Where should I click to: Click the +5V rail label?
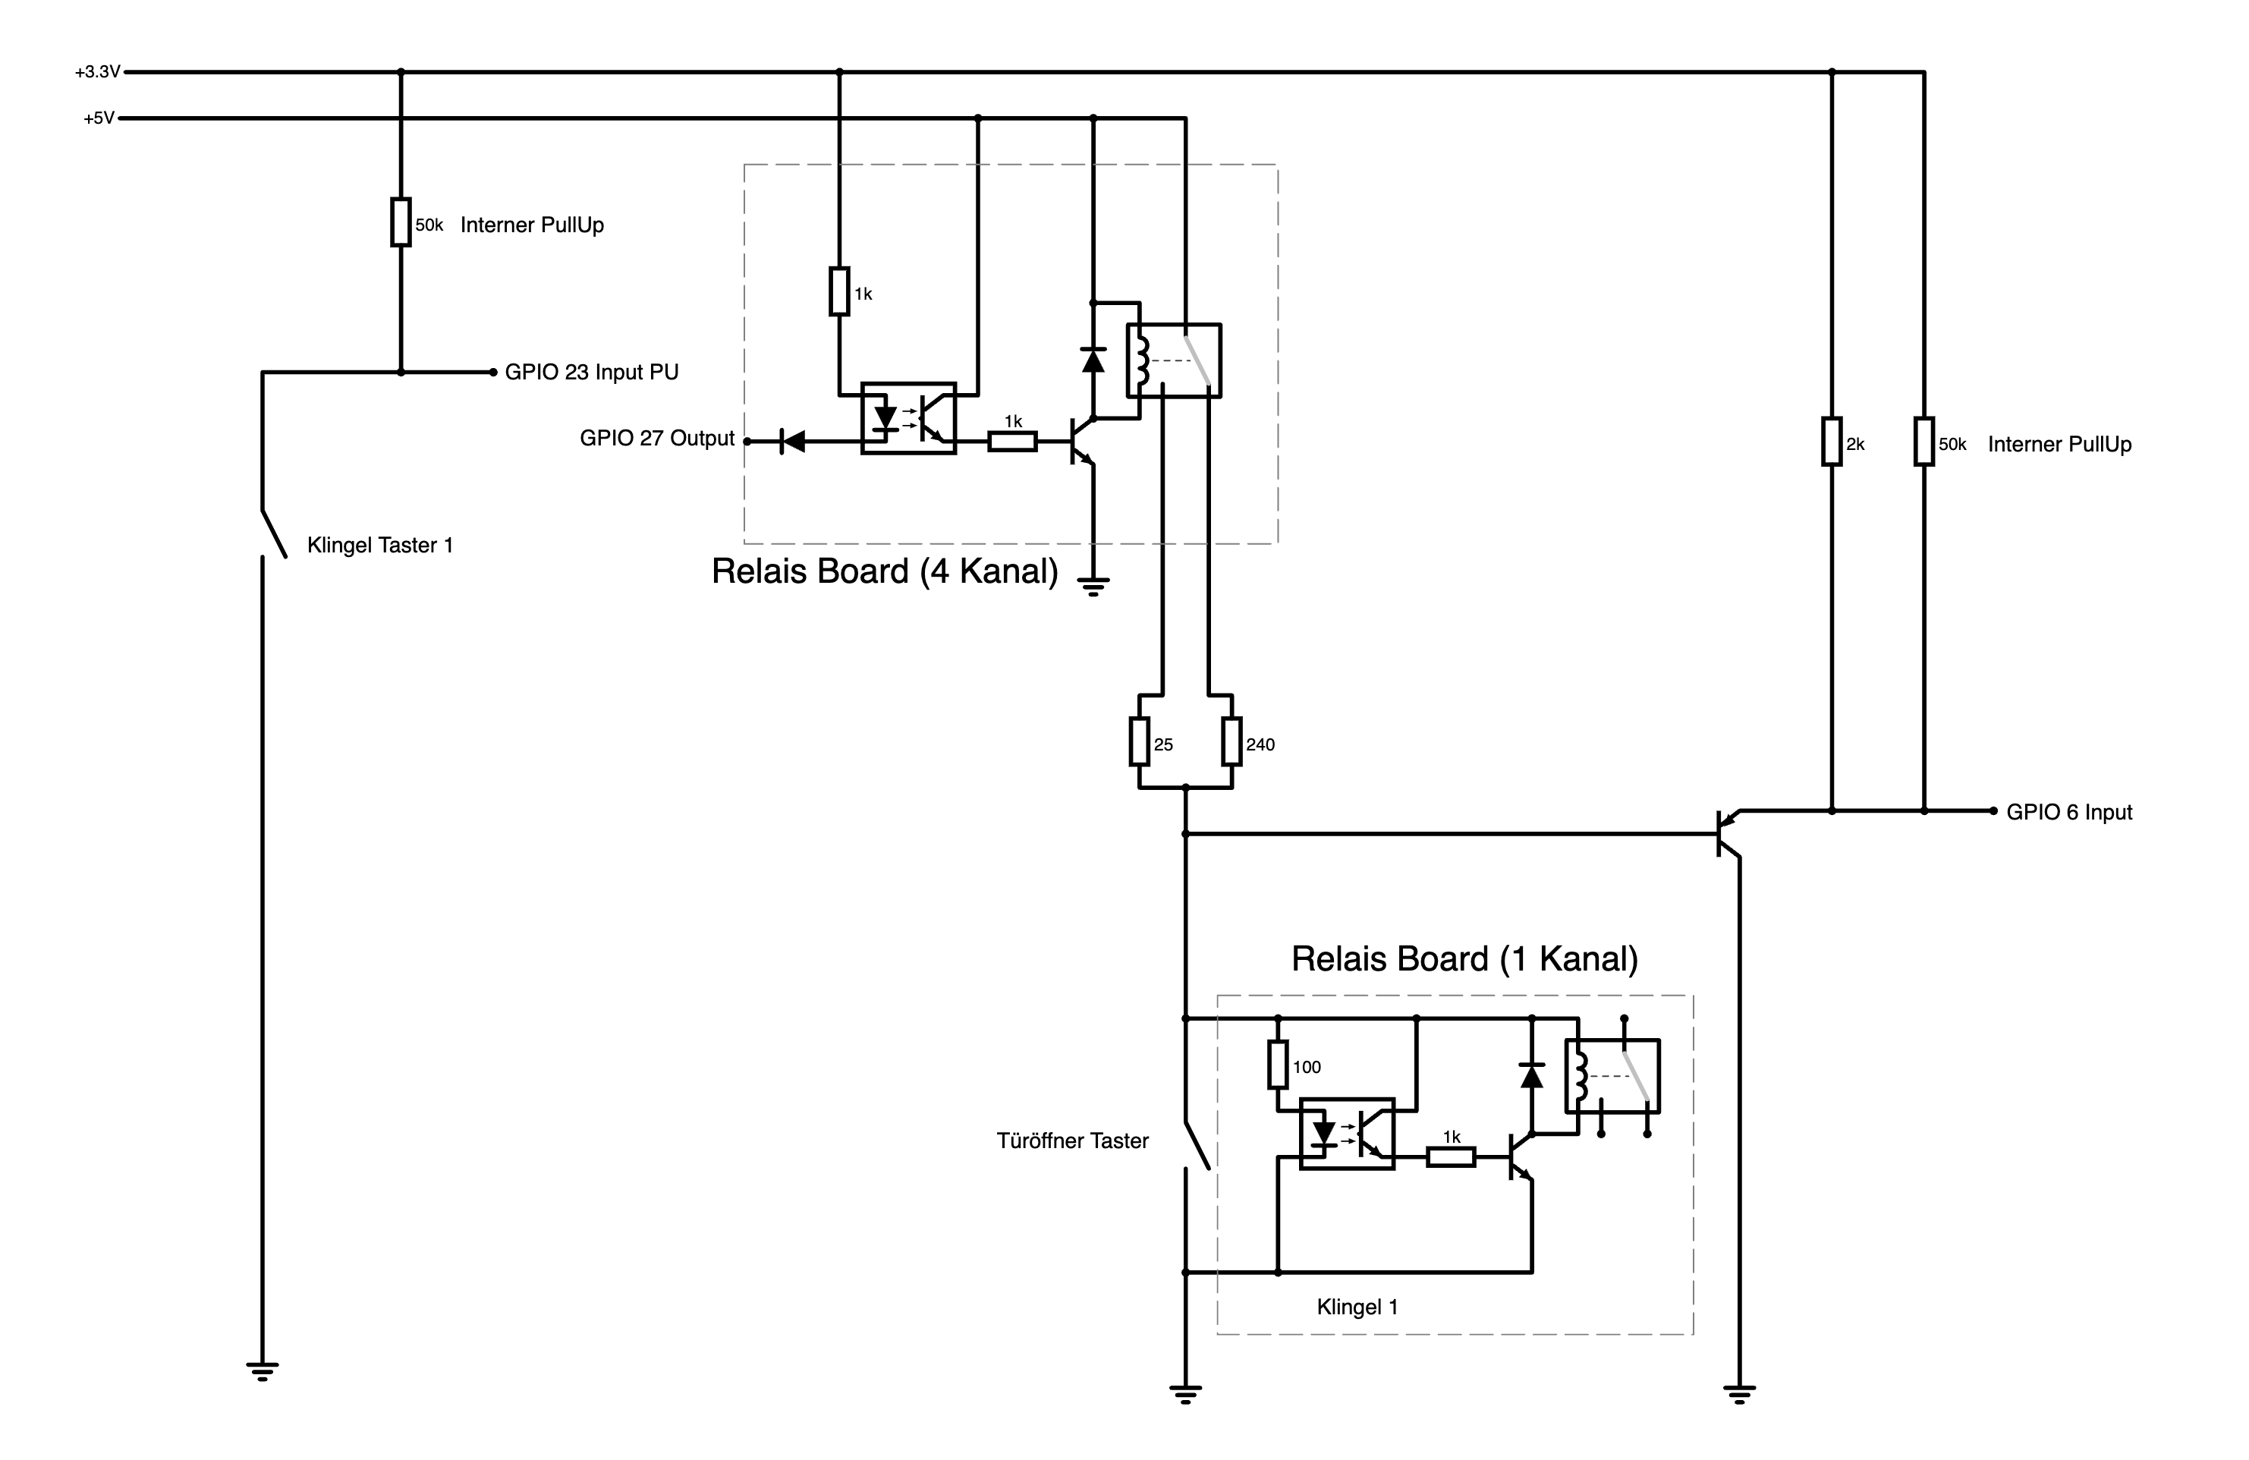tap(99, 119)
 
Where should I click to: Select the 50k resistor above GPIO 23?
tap(401, 222)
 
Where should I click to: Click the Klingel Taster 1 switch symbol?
tap(273, 534)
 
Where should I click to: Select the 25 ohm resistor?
tap(1139, 742)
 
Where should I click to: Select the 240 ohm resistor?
tap(1231, 742)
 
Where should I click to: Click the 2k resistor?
tap(1832, 442)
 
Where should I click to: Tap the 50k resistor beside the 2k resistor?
tap(1924, 442)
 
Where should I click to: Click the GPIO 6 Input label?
tap(2068, 813)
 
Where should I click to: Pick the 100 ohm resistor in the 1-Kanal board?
tap(1278, 1065)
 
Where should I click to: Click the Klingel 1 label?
tap(1357, 1307)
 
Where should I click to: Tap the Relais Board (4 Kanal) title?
tap(885, 571)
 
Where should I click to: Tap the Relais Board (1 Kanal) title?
tap(1464, 959)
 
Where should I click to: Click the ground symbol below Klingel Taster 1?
tap(262, 1370)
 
